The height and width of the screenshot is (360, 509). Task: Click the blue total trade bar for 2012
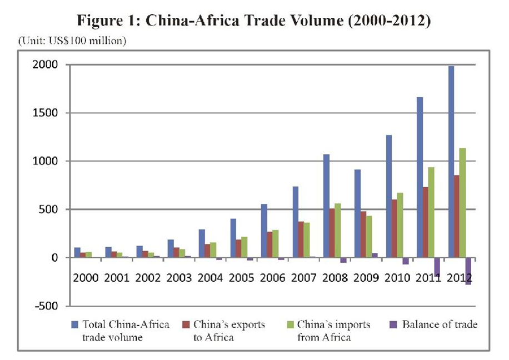pos(451,162)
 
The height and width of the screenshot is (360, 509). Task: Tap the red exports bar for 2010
pos(393,228)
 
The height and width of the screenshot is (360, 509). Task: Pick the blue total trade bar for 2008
pos(326,206)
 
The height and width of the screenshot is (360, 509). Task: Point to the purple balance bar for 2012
pos(468,271)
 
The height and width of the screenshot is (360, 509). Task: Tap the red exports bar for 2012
pos(456,217)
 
